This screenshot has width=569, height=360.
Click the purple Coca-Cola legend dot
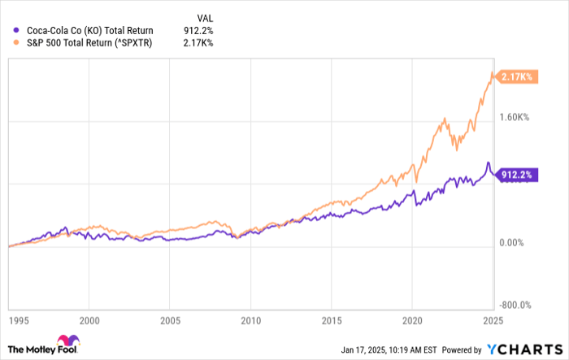[x=17, y=28]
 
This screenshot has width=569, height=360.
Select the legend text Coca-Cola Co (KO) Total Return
[x=89, y=28]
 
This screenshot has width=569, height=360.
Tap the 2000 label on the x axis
[x=89, y=320]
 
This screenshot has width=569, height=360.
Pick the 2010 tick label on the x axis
[x=251, y=320]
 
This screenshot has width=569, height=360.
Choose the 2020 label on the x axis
[x=413, y=320]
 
